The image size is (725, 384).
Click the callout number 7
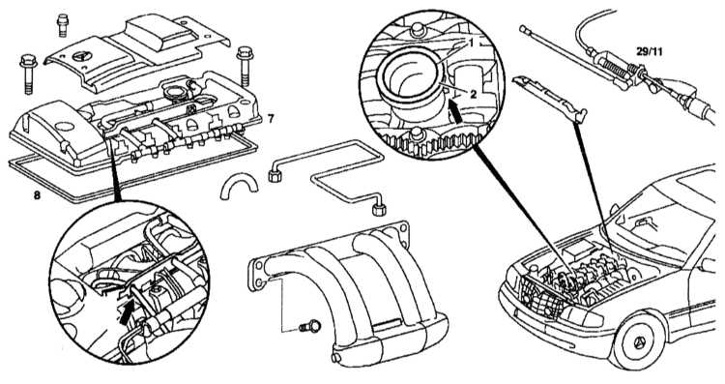coord(271,119)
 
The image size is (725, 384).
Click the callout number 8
coord(37,195)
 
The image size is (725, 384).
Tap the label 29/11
coord(650,52)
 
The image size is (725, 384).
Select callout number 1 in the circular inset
coord(471,44)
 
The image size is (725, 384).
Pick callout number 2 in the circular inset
coord(473,95)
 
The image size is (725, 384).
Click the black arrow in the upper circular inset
coord(455,112)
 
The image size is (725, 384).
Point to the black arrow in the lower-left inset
coord(127,310)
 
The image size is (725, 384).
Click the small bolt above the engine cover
coord(63,25)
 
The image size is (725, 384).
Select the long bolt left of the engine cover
coord(28,74)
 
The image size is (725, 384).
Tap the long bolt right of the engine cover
coord(245,66)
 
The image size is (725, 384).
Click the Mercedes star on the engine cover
coord(83,56)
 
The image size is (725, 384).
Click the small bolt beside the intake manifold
coord(310,327)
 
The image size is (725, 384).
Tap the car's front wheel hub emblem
coord(640,341)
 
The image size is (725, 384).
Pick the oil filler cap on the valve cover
coord(176,92)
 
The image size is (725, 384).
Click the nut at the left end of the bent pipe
coord(275,175)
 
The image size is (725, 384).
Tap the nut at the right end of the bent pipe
coord(379,210)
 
